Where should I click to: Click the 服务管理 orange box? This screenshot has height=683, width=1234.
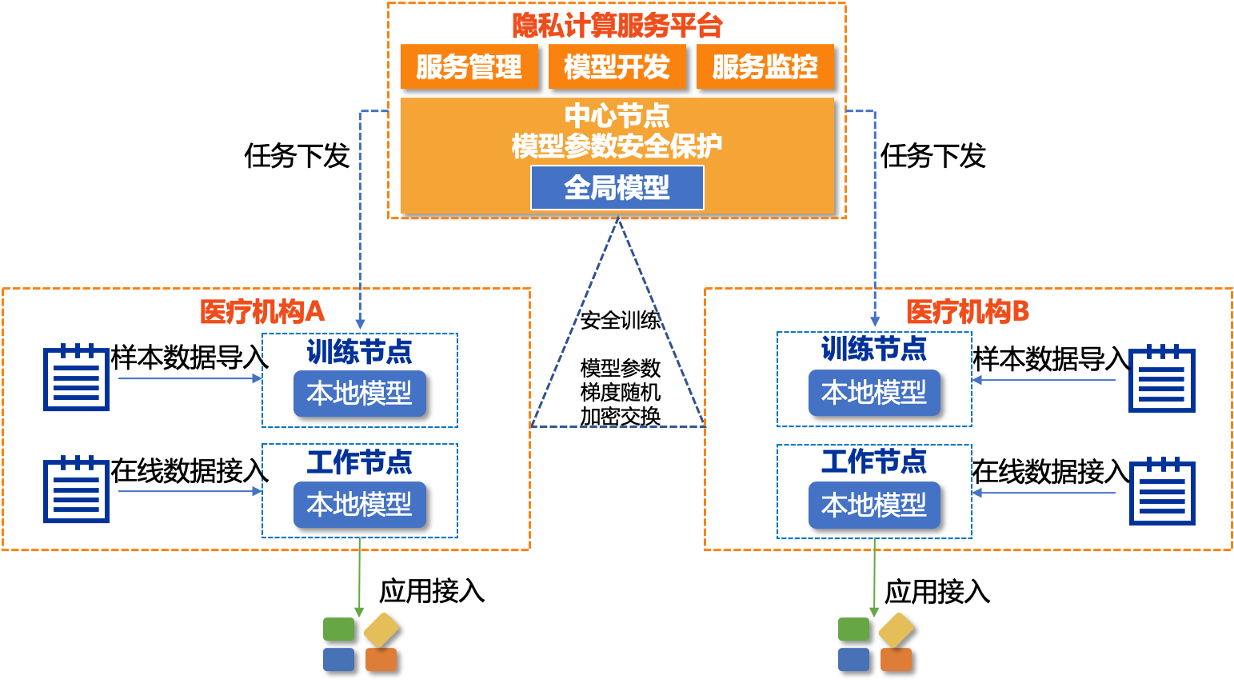coord(469,66)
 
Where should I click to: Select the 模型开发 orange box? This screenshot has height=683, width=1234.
coord(617,66)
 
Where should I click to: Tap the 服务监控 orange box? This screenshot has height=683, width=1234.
coord(765,66)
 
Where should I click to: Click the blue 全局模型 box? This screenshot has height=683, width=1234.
coord(617,188)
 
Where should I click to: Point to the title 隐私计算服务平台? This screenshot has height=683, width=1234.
coord(617,26)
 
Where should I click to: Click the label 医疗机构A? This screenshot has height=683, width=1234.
coord(262,311)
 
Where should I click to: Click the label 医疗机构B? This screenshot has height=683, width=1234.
coord(968,311)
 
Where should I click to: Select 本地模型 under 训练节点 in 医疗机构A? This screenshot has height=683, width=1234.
coord(359,393)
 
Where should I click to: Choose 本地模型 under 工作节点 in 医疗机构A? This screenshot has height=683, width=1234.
coord(359,505)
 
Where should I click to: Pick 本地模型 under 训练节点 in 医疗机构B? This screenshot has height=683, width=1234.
coord(874,393)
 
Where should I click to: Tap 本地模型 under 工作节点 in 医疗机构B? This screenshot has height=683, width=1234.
coord(874,505)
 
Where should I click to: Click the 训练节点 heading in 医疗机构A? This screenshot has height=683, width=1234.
coord(359,351)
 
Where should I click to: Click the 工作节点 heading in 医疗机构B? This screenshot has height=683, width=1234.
coord(874,461)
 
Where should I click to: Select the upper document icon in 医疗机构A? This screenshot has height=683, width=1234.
coord(76,378)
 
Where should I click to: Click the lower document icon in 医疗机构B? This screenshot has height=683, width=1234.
coord(1162,492)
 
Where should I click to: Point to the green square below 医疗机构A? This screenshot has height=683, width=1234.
coord(338,629)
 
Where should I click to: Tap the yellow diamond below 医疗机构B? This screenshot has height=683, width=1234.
coord(896,630)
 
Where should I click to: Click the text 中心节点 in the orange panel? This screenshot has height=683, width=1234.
coord(617,116)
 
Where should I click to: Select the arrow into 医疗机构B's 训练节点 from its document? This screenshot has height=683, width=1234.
coord(1044,380)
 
